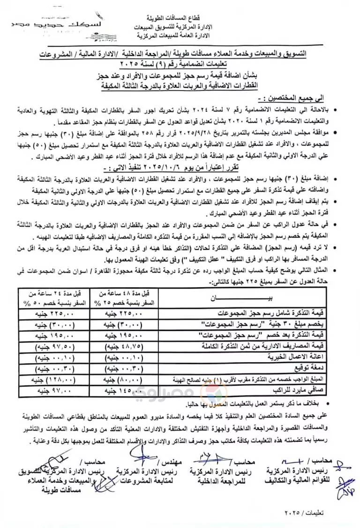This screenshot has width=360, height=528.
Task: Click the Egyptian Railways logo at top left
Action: click(x=28, y=23)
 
